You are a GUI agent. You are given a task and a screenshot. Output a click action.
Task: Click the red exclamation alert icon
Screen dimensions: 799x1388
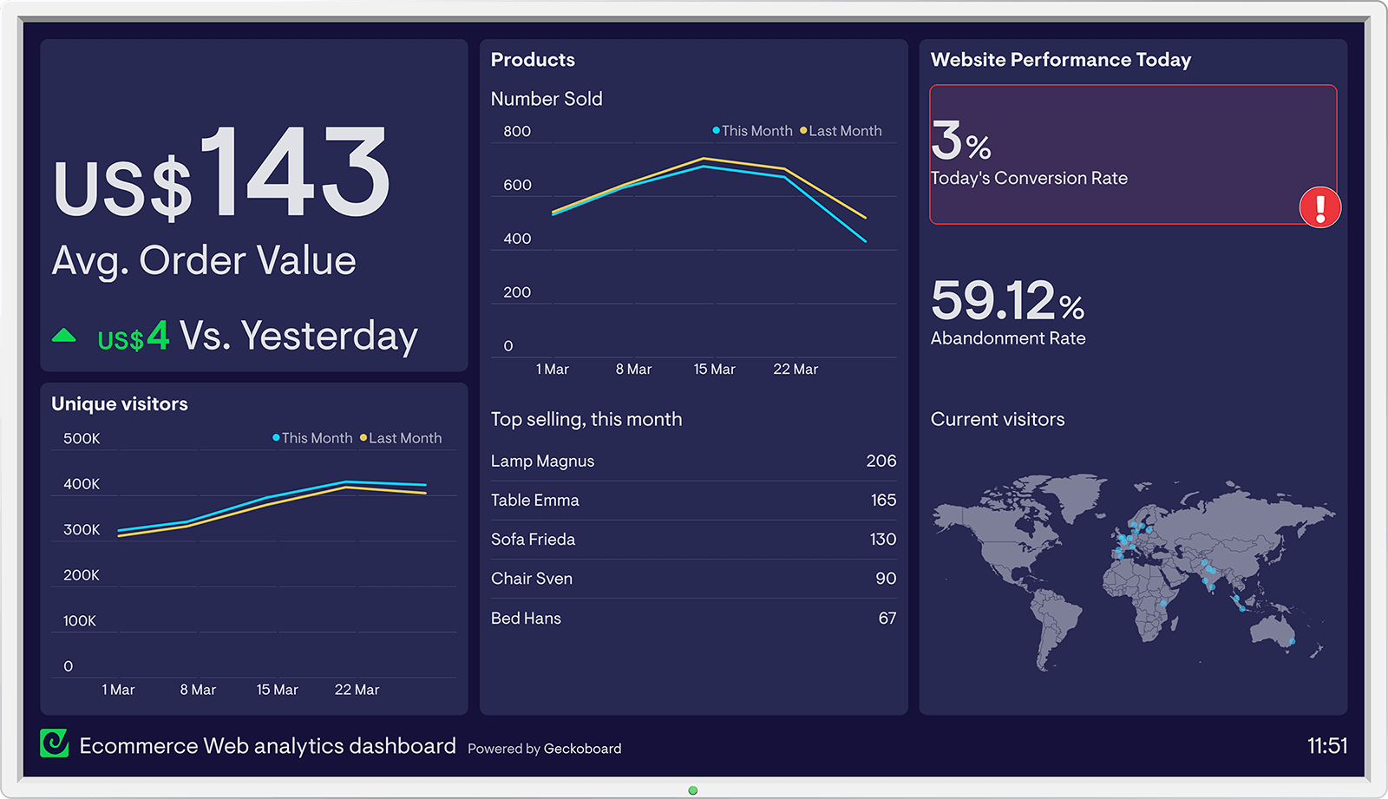[1319, 208]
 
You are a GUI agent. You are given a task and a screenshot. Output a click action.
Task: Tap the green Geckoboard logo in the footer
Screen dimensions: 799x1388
[55, 743]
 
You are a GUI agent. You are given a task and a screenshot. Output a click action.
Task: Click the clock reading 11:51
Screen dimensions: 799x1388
[1326, 746]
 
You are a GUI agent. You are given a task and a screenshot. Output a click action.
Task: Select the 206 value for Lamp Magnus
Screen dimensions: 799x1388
[881, 462]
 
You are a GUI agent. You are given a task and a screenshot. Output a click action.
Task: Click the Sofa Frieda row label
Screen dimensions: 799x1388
[533, 540]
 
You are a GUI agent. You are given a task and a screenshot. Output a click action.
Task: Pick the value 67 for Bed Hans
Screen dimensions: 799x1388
[887, 619]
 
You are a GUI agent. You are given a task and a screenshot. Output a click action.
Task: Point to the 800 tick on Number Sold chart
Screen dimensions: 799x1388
[517, 132]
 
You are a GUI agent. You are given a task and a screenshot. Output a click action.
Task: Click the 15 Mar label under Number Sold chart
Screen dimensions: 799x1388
[714, 370]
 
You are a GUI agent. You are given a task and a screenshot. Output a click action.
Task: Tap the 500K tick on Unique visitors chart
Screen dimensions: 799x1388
[82, 439]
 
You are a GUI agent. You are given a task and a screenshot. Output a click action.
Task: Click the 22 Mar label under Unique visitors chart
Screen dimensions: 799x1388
[357, 690]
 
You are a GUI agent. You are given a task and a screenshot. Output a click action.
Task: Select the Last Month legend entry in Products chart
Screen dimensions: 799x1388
[841, 131]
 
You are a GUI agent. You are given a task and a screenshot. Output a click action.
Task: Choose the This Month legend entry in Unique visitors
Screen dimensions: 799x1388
[312, 438]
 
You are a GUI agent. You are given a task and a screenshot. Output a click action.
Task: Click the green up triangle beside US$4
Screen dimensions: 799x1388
[64, 336]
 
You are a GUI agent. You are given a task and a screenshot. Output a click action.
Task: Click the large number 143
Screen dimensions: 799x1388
[296, 173]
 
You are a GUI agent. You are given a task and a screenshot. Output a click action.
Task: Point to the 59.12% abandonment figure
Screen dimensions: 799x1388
[1006, 301]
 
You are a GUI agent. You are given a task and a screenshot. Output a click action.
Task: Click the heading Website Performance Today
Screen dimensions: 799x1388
[1060, 60]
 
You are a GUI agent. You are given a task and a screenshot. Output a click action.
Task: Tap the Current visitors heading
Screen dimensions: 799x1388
[997, 420]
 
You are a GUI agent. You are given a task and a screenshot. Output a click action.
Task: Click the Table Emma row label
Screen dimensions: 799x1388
[534, 501]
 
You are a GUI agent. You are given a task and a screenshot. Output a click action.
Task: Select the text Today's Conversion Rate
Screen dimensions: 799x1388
[1028, 179]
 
